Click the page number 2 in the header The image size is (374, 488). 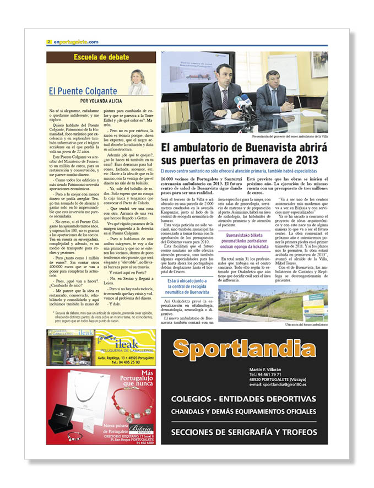[x=49, y=42]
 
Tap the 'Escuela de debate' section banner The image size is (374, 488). [x=101, y=57]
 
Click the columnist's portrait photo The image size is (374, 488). [x=138, y=82]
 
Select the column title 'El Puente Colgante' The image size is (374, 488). [x=83, y=91]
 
